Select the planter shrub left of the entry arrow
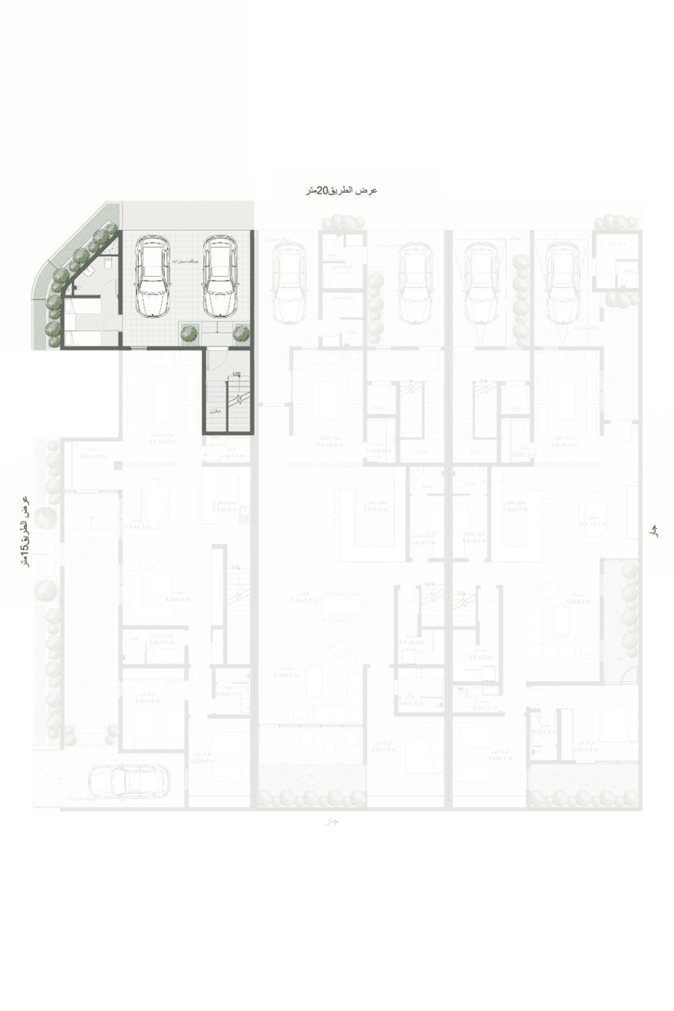pos(188,333)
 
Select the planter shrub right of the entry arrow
pos(242,333)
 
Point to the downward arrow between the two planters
pos(217,329)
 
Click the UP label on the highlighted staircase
pos(237,373)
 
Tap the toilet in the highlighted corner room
pos(106,267)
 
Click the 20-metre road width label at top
pos(341,191)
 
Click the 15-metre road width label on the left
pos(24,531)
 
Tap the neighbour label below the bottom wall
pos(332,820)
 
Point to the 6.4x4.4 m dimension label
pos(286,675)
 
